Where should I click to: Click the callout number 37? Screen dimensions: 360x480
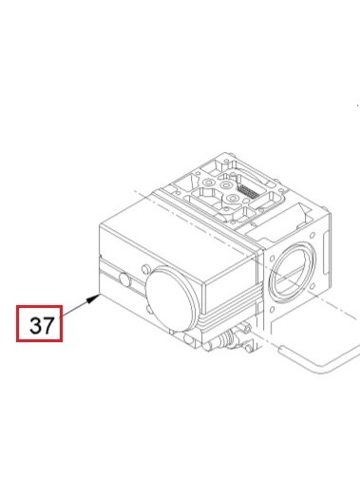click(x=42, y=325)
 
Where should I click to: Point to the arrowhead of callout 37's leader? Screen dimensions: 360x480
click(x=94, y=298)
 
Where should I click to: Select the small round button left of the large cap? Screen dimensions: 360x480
click(x=125, y=279)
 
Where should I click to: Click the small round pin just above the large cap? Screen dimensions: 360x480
click(x=145, y=269)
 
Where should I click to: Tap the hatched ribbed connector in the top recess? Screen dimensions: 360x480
click(x=246, y=190)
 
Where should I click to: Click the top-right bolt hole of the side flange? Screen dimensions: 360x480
click(x=313, y=236)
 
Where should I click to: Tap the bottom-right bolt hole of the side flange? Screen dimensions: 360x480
click(x=313, y=287)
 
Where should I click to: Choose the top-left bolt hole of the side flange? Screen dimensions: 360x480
click(x=273, y=258)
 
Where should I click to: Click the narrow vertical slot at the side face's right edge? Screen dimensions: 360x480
click(x=325, y=255)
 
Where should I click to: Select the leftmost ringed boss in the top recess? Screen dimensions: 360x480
click(x=208, y=182)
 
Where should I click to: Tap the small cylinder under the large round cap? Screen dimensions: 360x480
click(x=189, y=340)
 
